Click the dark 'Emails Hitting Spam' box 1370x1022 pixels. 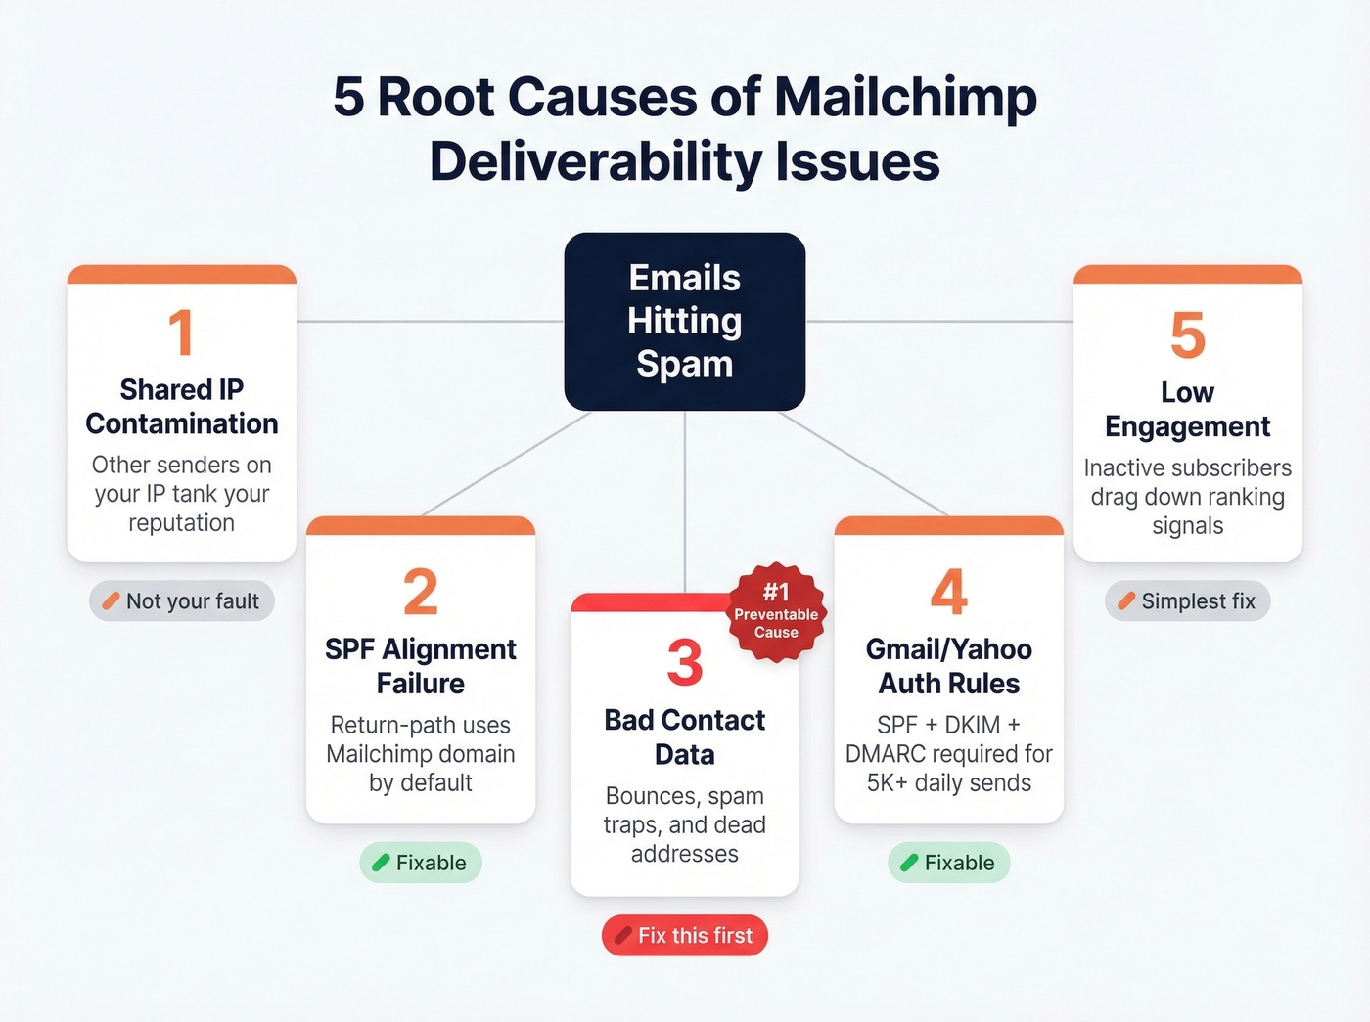(684, 321)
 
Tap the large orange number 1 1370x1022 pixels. (181, 333)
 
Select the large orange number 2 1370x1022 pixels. (421, 593)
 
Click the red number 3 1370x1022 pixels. (684, 663)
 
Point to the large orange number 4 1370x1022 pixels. (948, 593)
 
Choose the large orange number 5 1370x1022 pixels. (1187, 335)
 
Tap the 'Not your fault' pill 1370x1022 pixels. (182, 601)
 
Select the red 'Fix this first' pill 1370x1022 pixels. (685, 936)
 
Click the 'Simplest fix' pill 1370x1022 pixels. (1187, 601)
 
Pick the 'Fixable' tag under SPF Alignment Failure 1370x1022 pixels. (421, 863)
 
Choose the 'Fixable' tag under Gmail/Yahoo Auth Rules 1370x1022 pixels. (948, 863)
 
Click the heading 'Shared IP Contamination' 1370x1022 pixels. (181, 407)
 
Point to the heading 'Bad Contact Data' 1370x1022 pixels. (684, 737)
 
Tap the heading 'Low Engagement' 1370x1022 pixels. (1187, 410)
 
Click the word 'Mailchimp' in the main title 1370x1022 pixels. (905, 98)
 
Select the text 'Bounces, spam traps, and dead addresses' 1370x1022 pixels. (684, 824)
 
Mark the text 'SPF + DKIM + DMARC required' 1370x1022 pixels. (948, 739)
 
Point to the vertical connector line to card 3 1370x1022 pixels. (685, 499)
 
